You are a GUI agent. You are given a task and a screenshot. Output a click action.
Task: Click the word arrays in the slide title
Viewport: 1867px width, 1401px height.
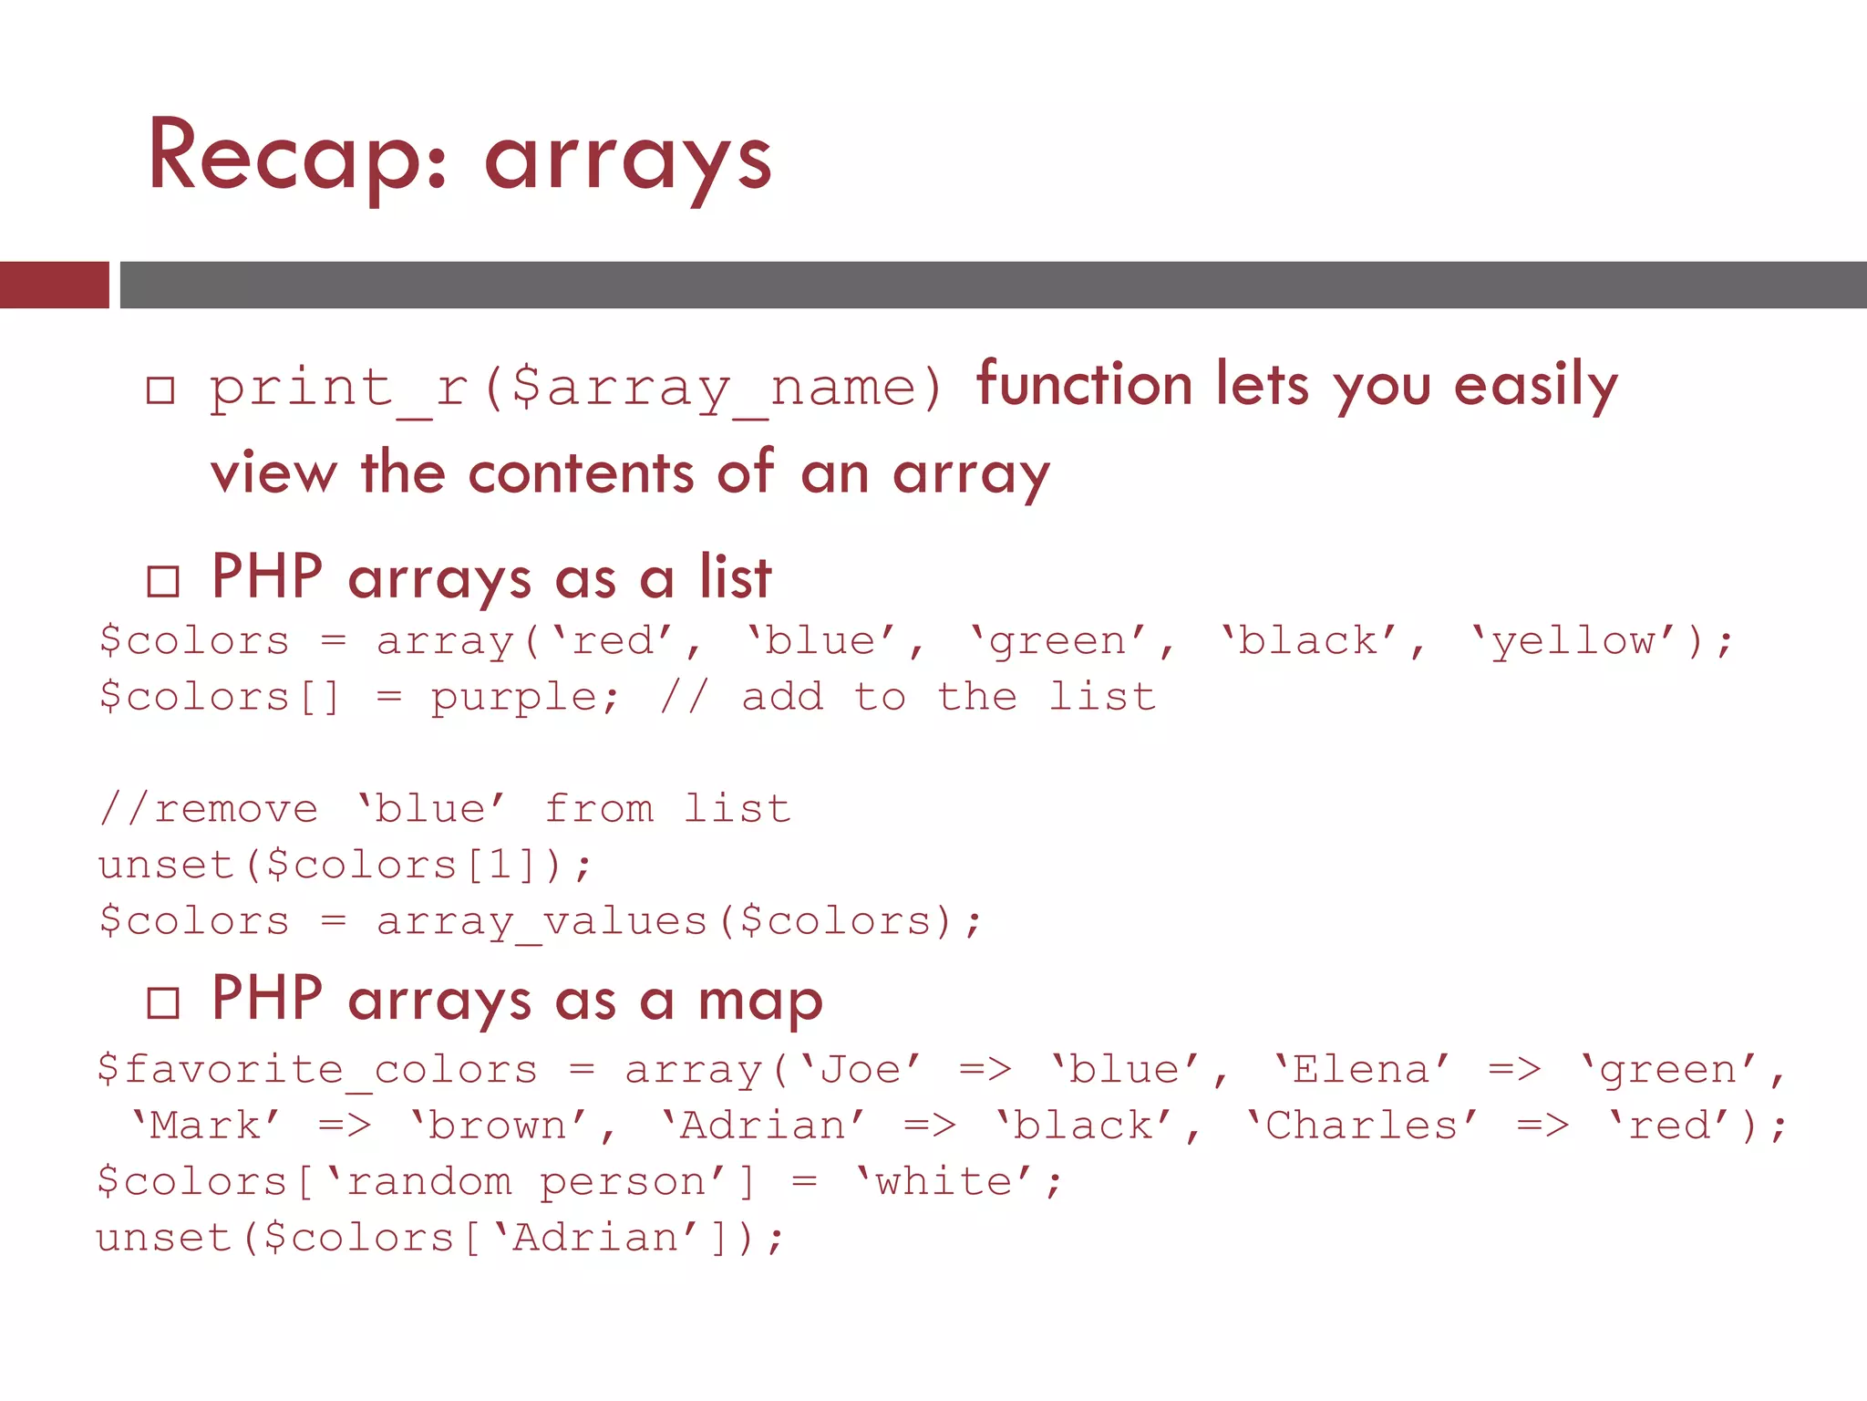[628, 162]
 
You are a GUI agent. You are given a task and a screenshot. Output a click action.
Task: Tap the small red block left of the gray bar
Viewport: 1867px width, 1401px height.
[54, 285]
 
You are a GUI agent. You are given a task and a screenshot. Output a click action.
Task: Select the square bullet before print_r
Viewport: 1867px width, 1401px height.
[160, 390]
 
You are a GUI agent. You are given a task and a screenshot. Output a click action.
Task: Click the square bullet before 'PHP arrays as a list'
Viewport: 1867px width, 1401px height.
[163, 581]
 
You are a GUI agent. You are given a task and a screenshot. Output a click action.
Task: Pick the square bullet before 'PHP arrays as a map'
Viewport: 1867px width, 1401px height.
[163, 1002]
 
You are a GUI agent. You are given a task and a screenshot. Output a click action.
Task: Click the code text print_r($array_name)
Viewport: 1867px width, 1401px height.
[575, 388]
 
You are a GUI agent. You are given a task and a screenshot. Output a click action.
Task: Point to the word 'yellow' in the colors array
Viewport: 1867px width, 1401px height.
[1573, 641]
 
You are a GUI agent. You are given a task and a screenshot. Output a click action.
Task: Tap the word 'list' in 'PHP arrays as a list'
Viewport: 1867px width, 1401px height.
[736, 577]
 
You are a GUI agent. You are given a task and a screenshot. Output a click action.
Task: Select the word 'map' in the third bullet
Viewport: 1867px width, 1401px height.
[760, 1001]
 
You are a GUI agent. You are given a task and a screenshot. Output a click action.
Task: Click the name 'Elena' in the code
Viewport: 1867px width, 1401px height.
[1361, 1070]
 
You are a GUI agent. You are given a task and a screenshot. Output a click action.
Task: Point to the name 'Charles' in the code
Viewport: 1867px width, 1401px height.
[1361, 1126]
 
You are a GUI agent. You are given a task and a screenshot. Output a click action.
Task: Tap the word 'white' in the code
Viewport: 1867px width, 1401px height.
[944, 1182]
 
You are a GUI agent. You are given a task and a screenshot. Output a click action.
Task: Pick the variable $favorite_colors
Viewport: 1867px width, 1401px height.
[317, 1070]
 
